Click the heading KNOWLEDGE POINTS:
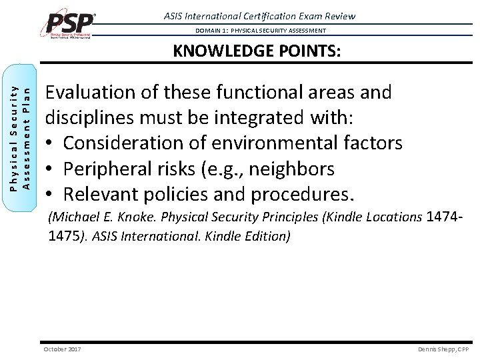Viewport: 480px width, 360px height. click(257, 51)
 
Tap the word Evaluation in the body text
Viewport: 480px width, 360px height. click(92, 92)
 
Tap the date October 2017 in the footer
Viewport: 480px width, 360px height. click(62, 349)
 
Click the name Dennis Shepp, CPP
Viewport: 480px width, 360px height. click(443, 349)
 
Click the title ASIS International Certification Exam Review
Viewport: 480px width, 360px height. click(259, 16)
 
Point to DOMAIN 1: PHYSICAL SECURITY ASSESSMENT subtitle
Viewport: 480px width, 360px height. click(261, 31)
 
